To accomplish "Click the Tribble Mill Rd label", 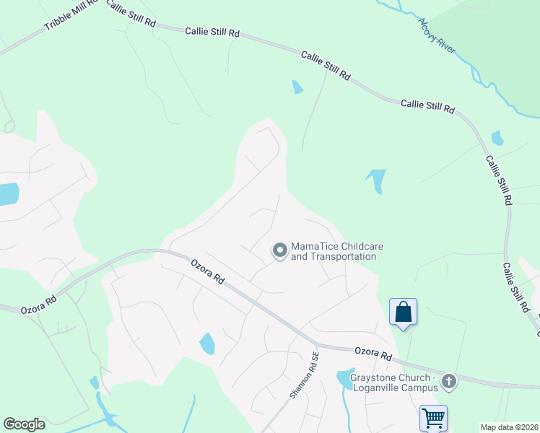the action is pyautogui.click(x=70, y=15).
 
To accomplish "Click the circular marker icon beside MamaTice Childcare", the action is pyautogui.click(x=279, y=250).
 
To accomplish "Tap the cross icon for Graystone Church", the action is pyautogui.click(x=449, y=381).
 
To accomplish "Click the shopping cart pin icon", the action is pyautogui.click(x=433, y=418).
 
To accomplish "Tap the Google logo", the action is pyautogui.click(x=24, y=424).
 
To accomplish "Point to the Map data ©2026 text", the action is pyautogui.click(x=509, y=427).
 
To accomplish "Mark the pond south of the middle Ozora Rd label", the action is pyautogui.click(x=207, y=344).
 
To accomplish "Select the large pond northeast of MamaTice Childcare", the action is pyautogui.click(x=376, y=180).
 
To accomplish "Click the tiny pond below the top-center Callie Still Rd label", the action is pyautogui.click(x=297, y=87).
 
